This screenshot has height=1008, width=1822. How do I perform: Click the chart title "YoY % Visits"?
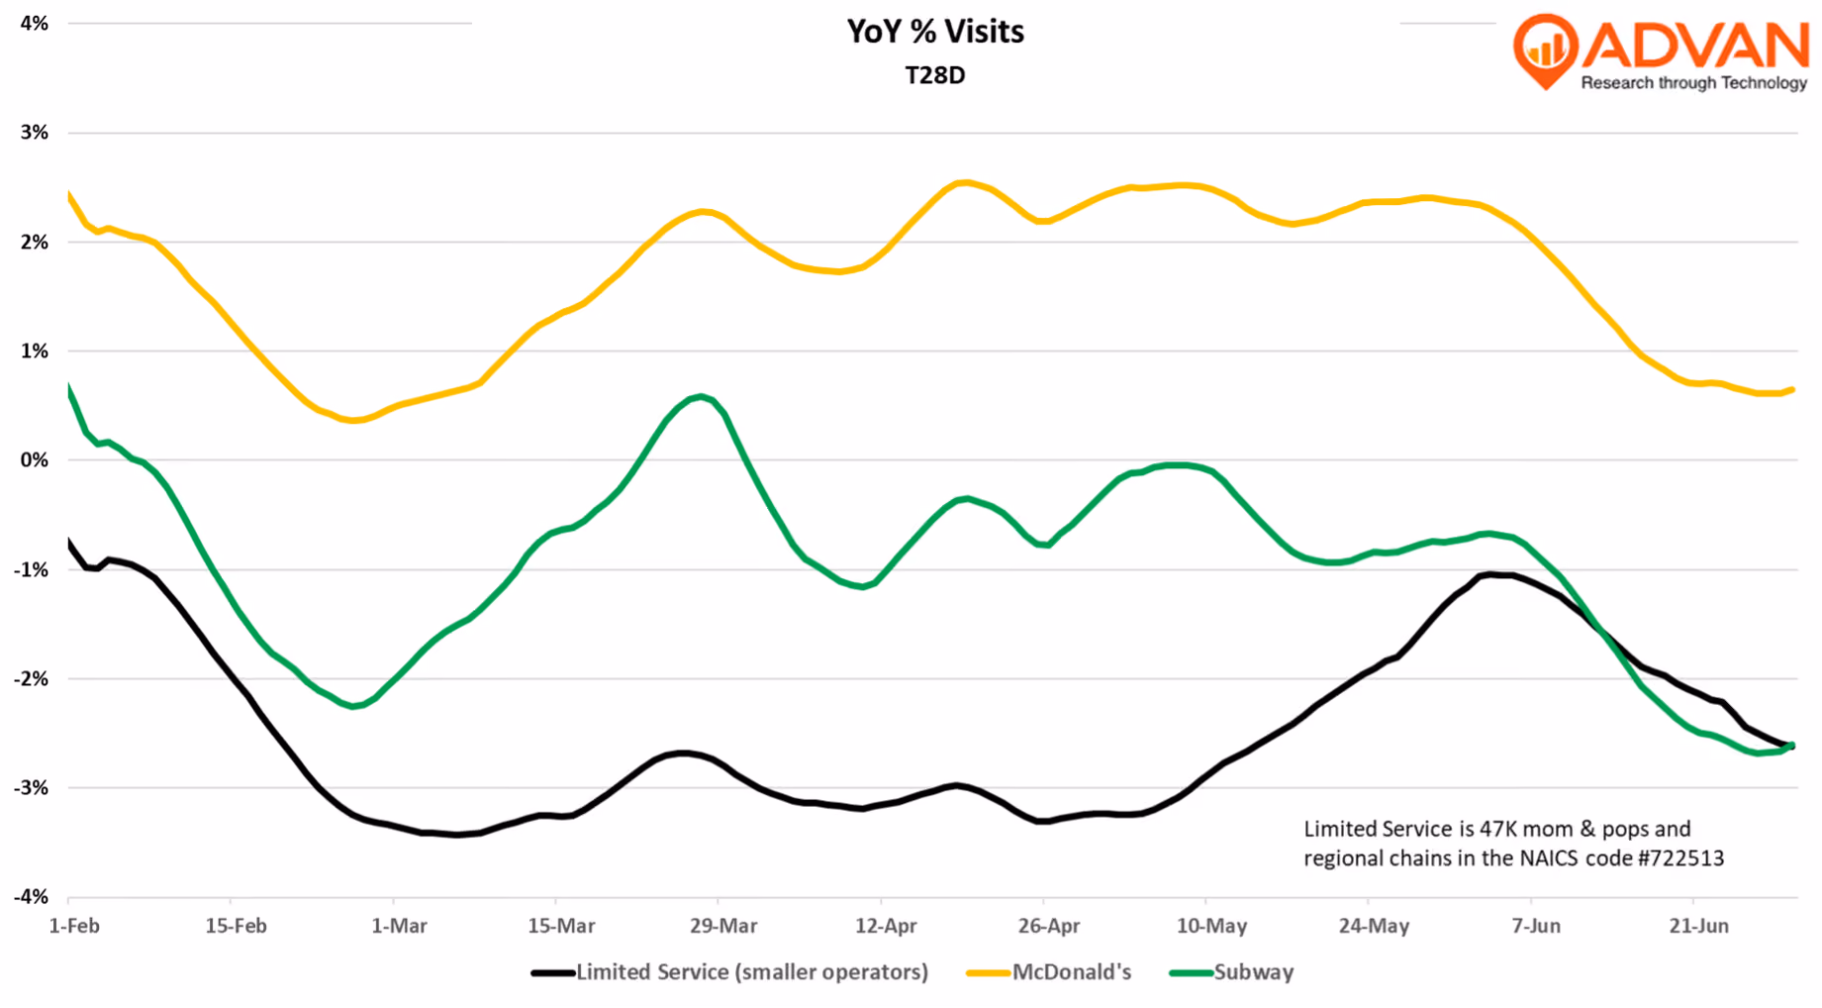coord(935,32)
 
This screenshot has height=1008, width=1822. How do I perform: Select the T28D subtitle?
coord(935,75)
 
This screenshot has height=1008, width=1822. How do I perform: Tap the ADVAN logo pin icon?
coord(1546,50)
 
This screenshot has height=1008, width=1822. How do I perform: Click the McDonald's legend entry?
coord(1049,972)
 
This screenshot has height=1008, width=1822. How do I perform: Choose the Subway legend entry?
coord(1231,972)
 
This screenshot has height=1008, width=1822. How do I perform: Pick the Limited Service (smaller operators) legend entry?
coord(729,972)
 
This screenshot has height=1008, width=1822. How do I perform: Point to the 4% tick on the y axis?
coord(34,23)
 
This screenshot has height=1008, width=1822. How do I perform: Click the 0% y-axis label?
coord(34,460)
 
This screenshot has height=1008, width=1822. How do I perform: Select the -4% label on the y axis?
coord(31,897)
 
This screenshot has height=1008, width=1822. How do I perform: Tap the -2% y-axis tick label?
coord(31,679)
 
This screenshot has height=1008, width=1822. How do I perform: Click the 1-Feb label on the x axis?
coord(74,927)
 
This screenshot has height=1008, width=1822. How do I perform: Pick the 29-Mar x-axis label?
coord(723,927)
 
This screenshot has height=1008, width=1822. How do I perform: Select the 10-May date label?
coord(1212,927)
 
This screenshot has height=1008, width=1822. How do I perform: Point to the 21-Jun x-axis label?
coord(1699,927)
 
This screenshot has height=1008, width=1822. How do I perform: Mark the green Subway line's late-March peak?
coord(701,397)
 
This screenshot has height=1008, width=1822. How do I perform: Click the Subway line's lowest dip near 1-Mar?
coord(353,705)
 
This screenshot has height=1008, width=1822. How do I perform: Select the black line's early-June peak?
coord(1490,574)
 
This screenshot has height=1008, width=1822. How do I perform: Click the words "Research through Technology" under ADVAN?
coord(1694,83)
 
